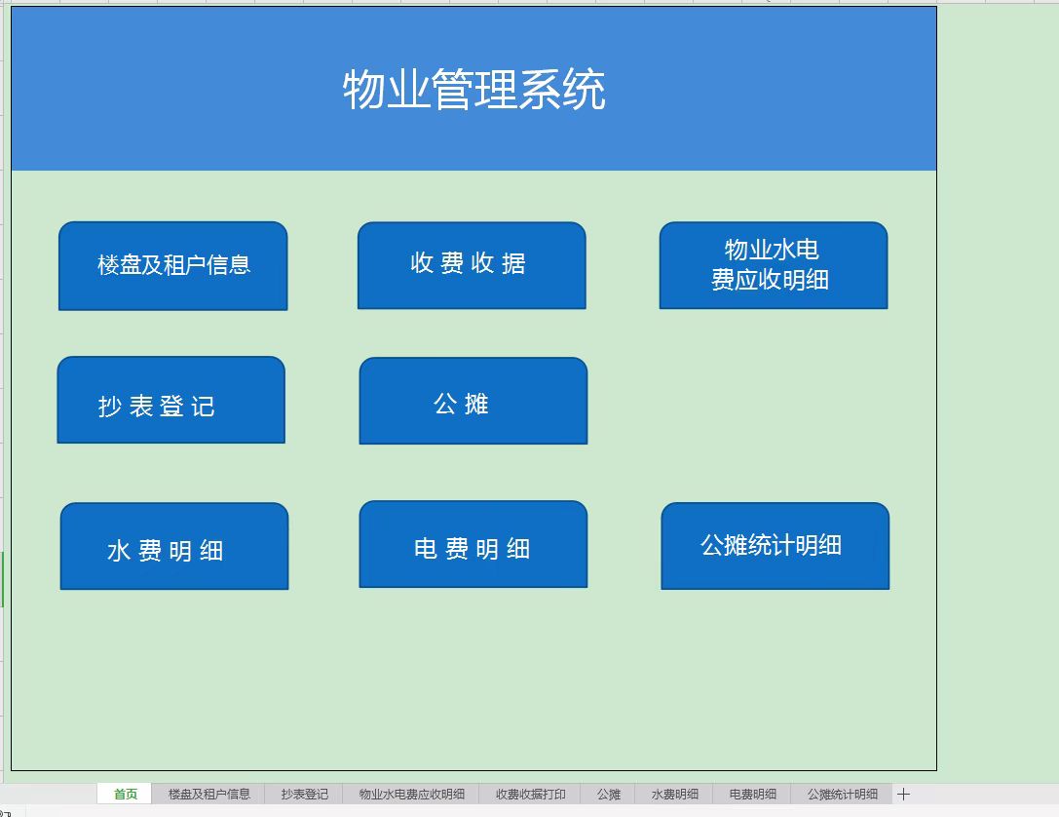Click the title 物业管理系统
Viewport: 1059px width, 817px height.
coord(473,90)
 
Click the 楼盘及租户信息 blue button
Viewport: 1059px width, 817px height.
coord(173,265)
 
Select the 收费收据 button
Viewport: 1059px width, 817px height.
coord(472,264)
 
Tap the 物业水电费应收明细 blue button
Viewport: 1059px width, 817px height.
coord(773,265)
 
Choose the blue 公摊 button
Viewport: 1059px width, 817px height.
coord(473,401)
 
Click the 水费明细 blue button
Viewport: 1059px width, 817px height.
coord(173,547)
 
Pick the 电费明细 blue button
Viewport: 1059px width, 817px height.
coord(473,545)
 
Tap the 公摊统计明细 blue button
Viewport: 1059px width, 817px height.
coord(775,546)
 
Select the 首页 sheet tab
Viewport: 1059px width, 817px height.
coord(126,794)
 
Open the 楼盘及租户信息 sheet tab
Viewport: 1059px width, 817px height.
coord(208,794)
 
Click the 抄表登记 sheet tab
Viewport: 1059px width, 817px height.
coord(305,794)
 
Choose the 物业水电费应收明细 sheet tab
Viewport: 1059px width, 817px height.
coord(411,794)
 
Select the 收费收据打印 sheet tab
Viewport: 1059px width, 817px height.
coord(530,794)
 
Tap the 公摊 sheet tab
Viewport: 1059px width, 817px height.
coord(608,794)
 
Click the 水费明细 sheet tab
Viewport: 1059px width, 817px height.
coord(674,794)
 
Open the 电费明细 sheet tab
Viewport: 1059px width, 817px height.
coord(752,794)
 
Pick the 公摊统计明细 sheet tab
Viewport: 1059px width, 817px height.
coord(842,794)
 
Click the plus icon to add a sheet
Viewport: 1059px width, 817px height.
coord(903,794)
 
